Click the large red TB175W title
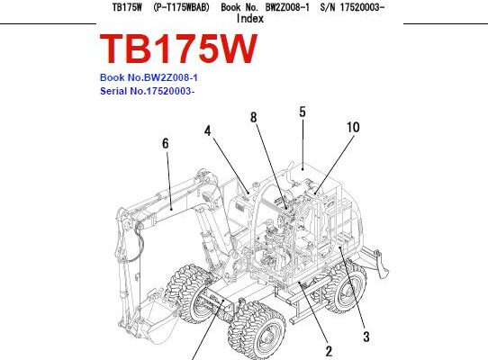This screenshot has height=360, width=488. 178,49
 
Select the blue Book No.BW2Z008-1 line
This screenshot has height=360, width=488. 149,77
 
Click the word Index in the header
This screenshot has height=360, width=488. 250,19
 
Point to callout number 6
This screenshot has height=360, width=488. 166,143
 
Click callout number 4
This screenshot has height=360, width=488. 208,131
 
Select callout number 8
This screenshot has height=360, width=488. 254,117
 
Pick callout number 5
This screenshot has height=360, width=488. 303,112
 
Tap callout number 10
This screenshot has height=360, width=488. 353,127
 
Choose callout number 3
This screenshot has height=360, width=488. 366,337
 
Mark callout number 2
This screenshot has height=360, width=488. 329,351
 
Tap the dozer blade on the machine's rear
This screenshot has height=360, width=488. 380,264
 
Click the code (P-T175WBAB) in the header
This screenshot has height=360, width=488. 182,7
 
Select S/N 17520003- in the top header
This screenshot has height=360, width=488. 352,7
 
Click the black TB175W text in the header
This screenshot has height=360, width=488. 127,7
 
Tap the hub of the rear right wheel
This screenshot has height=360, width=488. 346,292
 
